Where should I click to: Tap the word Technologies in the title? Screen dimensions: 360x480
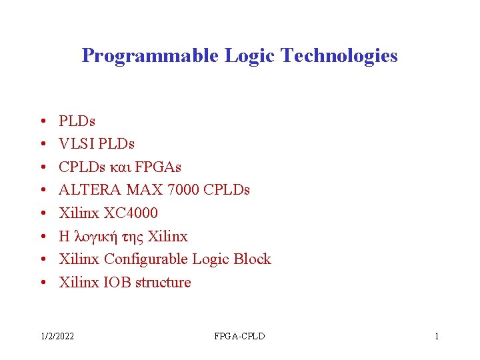coord(339,55)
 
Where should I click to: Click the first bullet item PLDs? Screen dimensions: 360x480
coord(77,121)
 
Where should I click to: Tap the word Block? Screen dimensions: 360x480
coord(253,259)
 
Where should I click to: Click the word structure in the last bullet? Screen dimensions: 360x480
coord(163,283)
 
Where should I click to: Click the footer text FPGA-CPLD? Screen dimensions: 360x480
coord(239,336)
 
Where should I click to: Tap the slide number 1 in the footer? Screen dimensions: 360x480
coord(437,336)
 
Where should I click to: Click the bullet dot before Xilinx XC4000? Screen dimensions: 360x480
coord(42,214)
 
